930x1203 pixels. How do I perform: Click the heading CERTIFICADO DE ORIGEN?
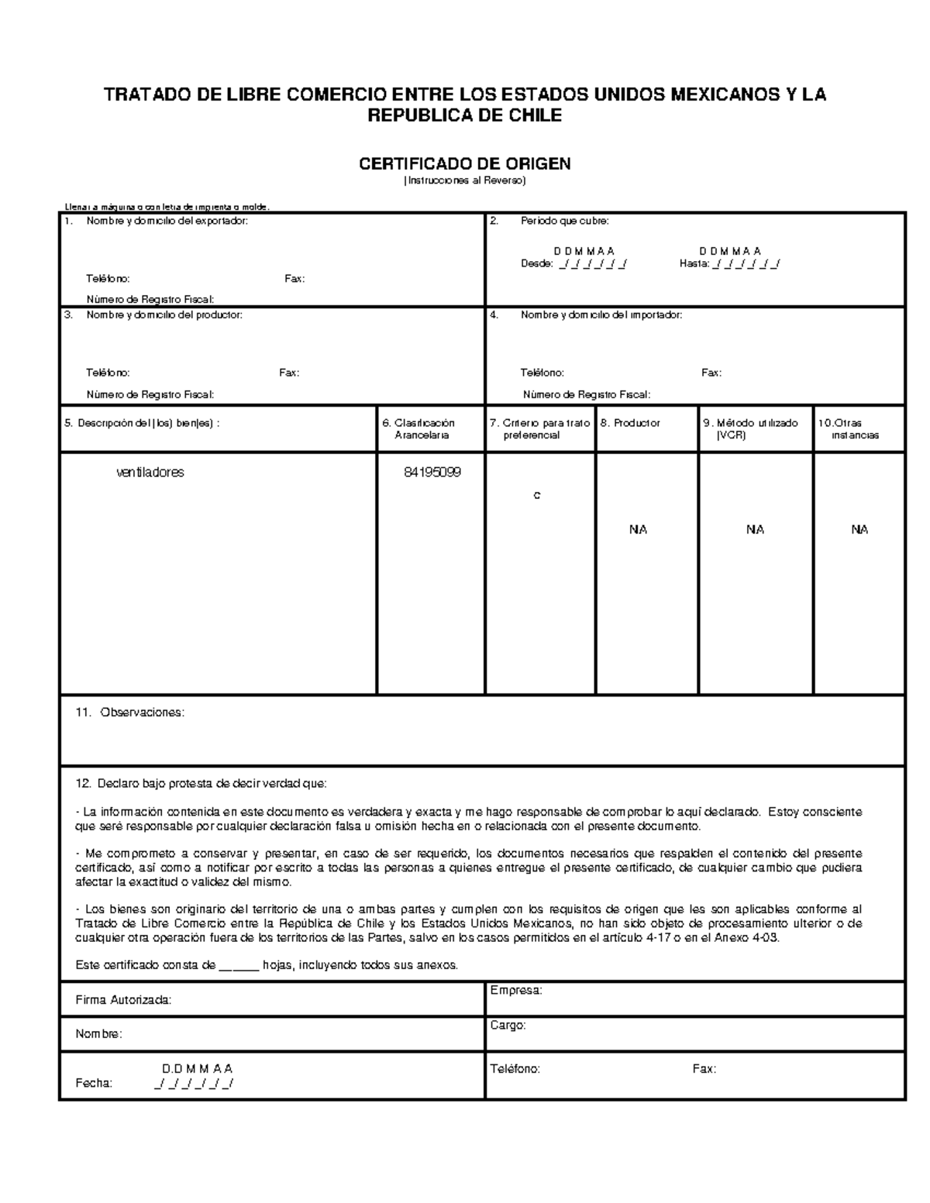point(464,163)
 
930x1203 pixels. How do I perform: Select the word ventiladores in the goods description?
point(150,472)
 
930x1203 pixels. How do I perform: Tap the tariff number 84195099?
point(432,472)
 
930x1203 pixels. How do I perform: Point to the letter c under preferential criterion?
point(536,495)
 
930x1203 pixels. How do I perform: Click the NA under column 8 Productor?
point(638,530)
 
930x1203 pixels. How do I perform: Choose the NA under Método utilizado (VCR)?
point(755,530)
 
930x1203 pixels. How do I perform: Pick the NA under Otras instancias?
point(859,530)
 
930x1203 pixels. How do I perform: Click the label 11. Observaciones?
point(130,712)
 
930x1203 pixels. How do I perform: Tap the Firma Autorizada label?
point(122,1000)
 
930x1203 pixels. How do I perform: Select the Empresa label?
point(516,990)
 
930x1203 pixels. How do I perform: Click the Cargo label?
point(508,1025)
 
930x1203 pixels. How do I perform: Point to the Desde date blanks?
point(592,264)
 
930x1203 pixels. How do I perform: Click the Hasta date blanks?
point(746,264)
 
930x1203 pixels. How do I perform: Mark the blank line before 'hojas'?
point(238,965)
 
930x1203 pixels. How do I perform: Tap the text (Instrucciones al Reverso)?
point(464,180)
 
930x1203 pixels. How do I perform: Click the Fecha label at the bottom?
point(94,1084)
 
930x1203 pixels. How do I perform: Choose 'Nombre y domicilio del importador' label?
point(601,315)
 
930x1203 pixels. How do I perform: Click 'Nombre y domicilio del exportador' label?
point(167,222)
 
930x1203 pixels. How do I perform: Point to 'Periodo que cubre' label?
point(564,222)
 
